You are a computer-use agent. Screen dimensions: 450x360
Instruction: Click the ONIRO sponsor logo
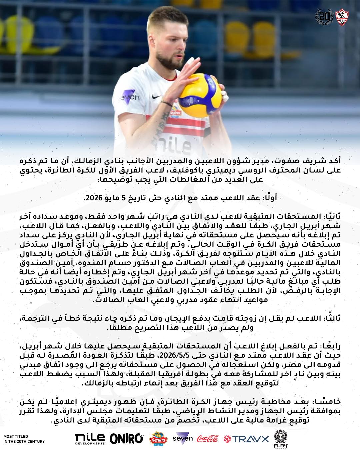[126, 438]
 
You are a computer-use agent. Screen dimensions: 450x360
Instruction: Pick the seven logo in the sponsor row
[183, 438]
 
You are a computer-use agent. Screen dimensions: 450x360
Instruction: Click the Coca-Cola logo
[208, 438]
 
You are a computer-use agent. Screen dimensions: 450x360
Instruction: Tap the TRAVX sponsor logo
[246, 439]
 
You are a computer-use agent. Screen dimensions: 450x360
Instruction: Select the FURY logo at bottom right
[280, 439]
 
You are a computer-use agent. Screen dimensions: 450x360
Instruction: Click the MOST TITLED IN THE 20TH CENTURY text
[24, 439]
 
